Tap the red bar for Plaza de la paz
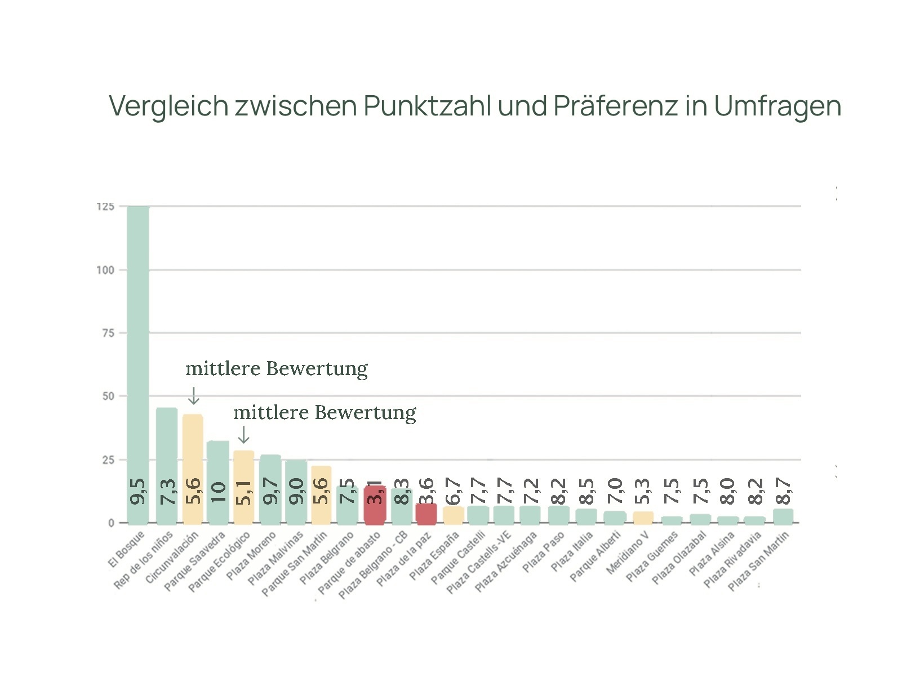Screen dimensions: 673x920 (426, 514)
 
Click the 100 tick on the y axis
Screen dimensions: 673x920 (105, 270)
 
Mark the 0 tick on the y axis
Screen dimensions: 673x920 (111, 523)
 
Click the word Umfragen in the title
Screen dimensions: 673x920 (777, 106)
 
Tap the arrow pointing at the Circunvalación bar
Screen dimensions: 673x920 (193, 395)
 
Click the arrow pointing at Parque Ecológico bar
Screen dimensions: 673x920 (243, 434)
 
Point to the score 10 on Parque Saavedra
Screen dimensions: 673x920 (218, 492)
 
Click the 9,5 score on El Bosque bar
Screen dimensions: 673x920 (138, 492)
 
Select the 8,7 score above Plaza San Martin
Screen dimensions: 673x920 (783, 492)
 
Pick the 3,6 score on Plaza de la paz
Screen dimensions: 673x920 (426, 492)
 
